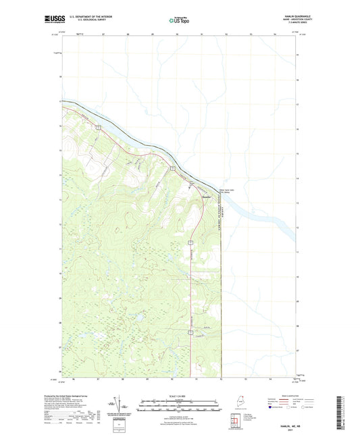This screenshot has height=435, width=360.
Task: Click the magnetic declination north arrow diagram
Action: (121, 404)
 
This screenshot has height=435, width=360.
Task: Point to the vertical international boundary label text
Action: (223, 203)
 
